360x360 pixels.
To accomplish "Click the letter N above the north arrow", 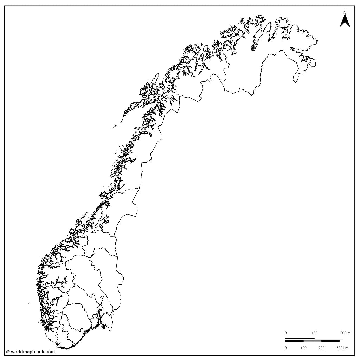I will click(x=345, y=12).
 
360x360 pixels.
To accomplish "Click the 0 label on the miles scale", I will click(x=285, y=333).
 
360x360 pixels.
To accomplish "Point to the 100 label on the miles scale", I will click(x=314, y=333).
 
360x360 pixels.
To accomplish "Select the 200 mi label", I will click(x=346, y=333).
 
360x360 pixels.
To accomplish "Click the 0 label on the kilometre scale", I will click(x=285, y=348).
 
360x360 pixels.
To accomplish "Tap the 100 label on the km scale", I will click(x=303, y=348).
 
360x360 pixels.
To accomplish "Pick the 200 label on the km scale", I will click(x=321, y=348).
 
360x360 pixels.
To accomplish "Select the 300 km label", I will click(x=342, y=348).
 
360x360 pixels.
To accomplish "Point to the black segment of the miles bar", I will click(x=300, y=339).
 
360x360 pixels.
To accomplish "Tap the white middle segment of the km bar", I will click(x=313, y=341).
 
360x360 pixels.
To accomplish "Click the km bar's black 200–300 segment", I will click(x=330, y=341).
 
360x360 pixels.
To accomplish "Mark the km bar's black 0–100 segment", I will click(x=295, y=341).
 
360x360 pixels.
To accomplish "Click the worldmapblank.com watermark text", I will click(x=33, y=352).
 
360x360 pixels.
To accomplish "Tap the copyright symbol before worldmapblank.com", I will click(x=8, y=352).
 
